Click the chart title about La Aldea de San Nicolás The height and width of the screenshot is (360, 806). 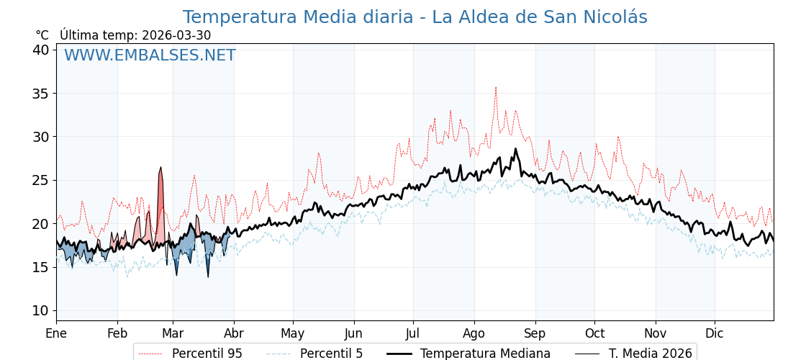click(415, 17)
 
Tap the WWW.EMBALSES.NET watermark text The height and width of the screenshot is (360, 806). click(150, 55)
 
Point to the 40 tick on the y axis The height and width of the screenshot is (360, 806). click(40, 50)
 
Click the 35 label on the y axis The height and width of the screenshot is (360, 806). click(40, 94)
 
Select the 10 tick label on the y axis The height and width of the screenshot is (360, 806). click(40, 310)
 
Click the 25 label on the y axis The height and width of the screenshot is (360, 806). click(40, 180)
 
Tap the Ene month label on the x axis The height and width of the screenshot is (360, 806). click(56, 333)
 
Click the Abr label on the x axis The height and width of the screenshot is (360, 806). click(234, 333)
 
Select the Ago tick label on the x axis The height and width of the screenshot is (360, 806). click(474, 333)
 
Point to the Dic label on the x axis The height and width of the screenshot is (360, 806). click(715, 333)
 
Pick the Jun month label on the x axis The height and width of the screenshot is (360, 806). click(354, 333)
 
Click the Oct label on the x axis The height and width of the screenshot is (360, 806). click(594, 333)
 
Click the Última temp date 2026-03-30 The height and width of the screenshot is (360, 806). click(176, 35)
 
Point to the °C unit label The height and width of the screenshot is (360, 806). click(42, 35)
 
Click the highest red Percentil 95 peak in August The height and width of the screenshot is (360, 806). click(495, 88)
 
